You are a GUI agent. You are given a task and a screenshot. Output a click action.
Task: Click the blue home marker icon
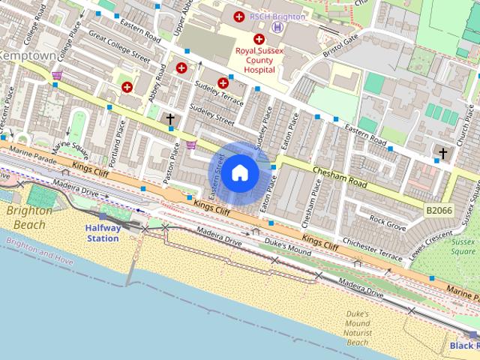pyautogui.click(x=239, y=173)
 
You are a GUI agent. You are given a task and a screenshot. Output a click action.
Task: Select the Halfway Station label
pyautogui.click(x=102, y=232)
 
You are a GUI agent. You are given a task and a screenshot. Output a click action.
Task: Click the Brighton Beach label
pyautogui.click(x=29, y=217)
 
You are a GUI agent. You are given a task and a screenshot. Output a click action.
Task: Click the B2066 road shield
pyautogui.click(x=439, y=212)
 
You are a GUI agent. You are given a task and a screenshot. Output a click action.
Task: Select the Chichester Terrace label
pyautogui.click(x=372, y=252)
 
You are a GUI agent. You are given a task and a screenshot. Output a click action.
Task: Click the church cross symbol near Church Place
pyautogui.click(x=442, y=153)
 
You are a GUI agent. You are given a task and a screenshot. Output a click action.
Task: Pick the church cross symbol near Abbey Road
pyautogui.click(x=170, y=119)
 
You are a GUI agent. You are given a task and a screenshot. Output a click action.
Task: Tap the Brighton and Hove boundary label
pyautogui.click(x=39, y=252)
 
